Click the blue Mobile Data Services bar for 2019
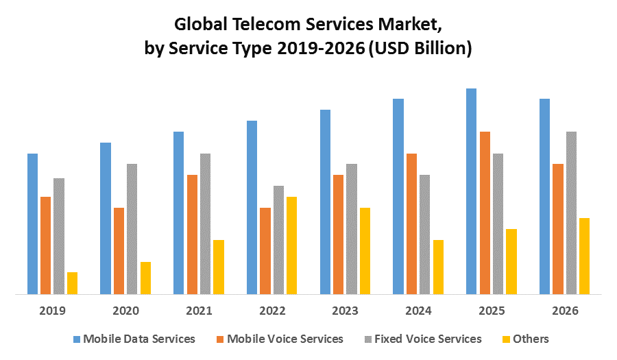click(32, 224)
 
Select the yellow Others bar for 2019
click(72, 283)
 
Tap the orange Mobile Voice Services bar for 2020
click(119, 251)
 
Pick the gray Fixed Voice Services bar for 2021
click(205, 224)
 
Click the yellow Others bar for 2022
click(291, 245)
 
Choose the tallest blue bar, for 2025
click(471, 191)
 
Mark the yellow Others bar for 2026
click(584, 256)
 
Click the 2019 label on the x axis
click(52, 311)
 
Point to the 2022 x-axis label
click(271, 311)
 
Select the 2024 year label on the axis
click(418, 311)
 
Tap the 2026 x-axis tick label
click(564, 311)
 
